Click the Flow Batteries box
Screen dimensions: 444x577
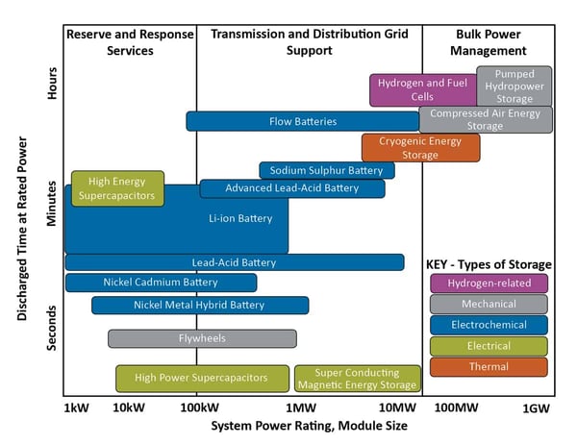tap(302, 121)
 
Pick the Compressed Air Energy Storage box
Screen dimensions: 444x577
tap(486, 119)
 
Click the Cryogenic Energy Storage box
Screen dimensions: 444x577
tap(407, 148)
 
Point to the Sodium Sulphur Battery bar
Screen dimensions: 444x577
tap(326, 170)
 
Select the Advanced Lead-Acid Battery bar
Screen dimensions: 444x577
tap(291, 188)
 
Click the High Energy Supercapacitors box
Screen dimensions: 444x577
tap(117, 188)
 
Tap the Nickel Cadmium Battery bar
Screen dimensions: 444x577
tap(161, 283)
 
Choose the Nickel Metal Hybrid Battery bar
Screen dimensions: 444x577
tap(200, 306)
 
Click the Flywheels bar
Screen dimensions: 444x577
tap(202, 338)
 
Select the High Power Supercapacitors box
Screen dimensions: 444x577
tap(203, 378)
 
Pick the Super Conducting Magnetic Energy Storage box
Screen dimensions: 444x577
tap(357, 378)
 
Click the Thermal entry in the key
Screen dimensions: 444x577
tap(489, 367)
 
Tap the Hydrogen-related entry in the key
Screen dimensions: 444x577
tap(489, 284)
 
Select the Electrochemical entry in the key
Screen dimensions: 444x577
tap(489, 325)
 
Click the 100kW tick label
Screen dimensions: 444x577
tap(196, 407)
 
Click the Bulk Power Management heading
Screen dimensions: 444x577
tap(489, 42)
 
